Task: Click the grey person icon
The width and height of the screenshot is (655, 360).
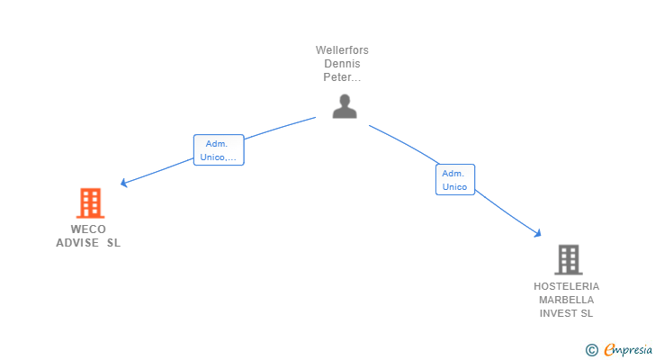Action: pyautogui.click(x=345, y=106)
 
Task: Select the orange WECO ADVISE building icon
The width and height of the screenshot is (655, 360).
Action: pyautogui.click(x=90, y=203)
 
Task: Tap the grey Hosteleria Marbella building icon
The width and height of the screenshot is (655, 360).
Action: pyautogui.click(x=568, y=259)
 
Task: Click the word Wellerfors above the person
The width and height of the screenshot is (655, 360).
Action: pyautogui.click(x=342, y=50)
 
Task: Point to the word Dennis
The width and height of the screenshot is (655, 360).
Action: pyautogui.click(x=342, y=64)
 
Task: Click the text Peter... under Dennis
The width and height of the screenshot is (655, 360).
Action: pyautogui.click(x=342, y=77)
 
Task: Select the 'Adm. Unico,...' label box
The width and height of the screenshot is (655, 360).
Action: pyautogui.click(x=219, y=150)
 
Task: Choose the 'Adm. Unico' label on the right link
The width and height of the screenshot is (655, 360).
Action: pyautogui.click(x=454, y=180)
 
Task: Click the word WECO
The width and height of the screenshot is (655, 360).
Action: pyautogui.click(x=88, y=229)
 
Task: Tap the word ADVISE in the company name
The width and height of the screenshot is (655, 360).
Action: pyautogui.click(x=77, y=242)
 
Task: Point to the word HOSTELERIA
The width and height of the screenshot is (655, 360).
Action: pyautogui.click(x=567, y=286)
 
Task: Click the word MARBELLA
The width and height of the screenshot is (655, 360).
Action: pyautogui.click(x=567, y=300)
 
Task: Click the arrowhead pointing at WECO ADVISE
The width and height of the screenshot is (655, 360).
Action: pyautogui.click(x=123, y=184)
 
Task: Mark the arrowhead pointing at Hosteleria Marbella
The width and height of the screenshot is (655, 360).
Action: pyautogui.click(x=538, y=234)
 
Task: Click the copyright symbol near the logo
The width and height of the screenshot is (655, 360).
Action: pyautogui.click(x=591, y=350)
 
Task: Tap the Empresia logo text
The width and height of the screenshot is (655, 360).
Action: pyautogui.click(x=628, y=350)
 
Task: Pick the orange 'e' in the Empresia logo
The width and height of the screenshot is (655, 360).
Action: pyautogui.click(x=610, y=350)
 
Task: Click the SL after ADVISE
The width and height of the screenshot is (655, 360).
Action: pyautogui.click(x=112, y=242)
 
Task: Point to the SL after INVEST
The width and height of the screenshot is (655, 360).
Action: pyautogui.click(x=587, y=313)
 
